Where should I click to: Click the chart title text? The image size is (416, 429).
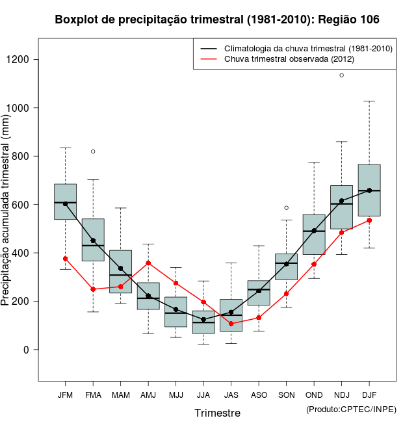point(217,19)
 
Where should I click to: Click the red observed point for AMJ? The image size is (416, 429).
point(148,263)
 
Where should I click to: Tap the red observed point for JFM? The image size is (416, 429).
point(65,259)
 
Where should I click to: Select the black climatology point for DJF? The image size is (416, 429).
point(369,190)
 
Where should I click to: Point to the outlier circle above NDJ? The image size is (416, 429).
point(342,75)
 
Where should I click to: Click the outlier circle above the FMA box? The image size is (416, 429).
point(93,151)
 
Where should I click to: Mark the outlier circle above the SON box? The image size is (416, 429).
point(286,208)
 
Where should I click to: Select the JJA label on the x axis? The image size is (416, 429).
point(203,395)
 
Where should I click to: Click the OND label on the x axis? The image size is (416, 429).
point(314,395)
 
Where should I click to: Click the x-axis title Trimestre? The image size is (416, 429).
point(217,413)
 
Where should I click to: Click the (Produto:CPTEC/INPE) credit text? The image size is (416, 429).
point(351,409)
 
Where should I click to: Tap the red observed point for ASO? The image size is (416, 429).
point(259,318)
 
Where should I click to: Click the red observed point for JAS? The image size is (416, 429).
point(231,324)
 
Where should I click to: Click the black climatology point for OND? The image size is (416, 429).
point(314,231)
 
